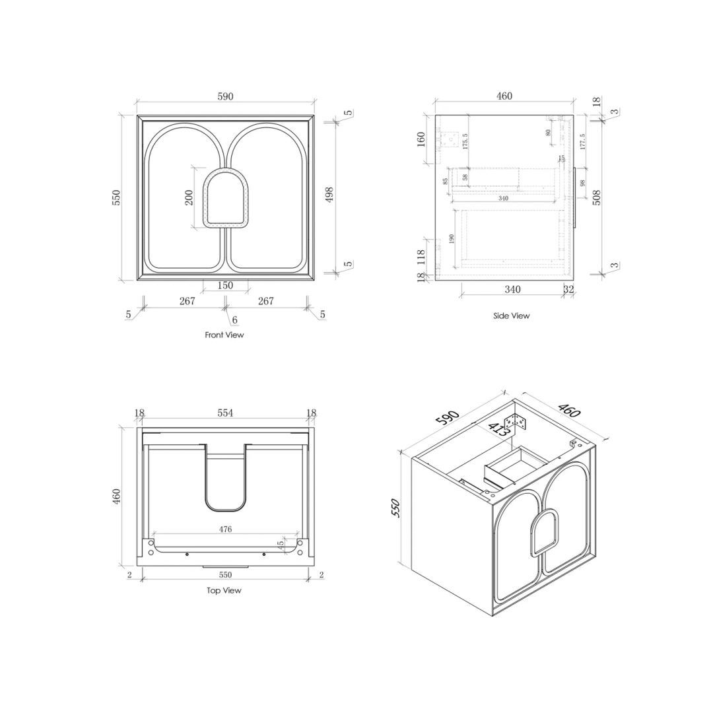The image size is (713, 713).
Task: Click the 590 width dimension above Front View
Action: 225,96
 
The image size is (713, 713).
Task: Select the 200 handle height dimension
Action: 189,197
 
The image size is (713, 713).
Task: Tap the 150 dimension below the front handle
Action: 225,285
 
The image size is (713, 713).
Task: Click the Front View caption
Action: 224,335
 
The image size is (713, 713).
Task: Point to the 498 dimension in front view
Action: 329,193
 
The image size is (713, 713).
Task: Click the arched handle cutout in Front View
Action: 226,198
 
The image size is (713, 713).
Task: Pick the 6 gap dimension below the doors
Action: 234,320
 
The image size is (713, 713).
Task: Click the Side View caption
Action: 511,316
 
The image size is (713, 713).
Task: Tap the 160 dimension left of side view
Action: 421,140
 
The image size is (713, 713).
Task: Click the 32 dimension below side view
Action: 568,289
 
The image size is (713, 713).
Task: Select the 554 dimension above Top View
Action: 225,413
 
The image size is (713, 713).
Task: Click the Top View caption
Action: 224,590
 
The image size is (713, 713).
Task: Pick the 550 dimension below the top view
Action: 225,575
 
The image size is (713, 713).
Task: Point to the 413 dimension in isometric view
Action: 498,429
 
